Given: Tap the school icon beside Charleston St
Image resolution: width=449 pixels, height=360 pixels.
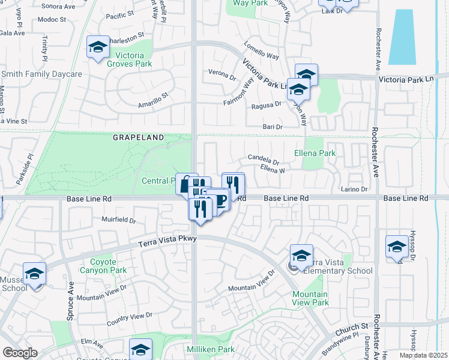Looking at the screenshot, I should (97, 47).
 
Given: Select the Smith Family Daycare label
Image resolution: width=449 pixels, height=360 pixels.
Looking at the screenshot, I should (41, 74).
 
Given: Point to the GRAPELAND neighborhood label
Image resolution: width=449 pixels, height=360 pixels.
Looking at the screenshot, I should (138, 137).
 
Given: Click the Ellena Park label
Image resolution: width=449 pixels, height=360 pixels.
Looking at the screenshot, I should (319, 153).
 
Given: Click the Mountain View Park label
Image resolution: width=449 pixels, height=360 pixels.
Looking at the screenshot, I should (310, 298).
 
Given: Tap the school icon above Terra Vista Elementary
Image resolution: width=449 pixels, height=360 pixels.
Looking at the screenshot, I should (301, 255).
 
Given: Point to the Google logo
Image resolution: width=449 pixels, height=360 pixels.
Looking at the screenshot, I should (20, 353).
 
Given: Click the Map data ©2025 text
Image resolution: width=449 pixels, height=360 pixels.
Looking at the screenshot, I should (423, 355).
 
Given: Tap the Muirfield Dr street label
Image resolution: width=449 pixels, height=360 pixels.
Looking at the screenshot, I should (119, 220).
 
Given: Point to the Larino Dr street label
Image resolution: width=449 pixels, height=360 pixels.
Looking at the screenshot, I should (354, 190).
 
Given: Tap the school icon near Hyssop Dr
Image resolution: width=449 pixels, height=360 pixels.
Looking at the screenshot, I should (397, 246).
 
